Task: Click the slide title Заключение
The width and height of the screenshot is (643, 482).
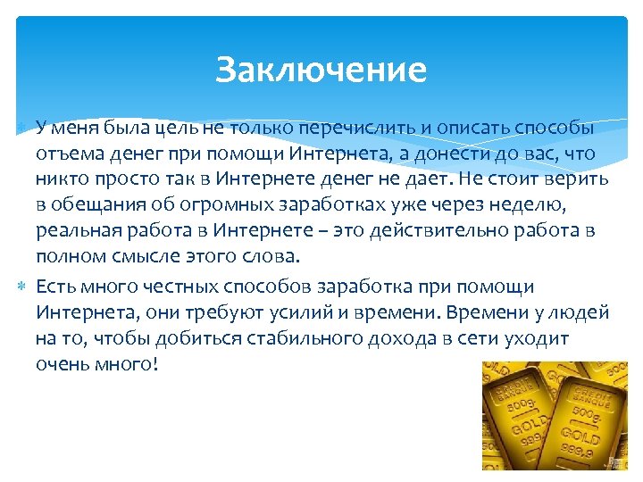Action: pyautogui.click(x=321, y=70)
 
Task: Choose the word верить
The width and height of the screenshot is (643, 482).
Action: pyautogui.click(x=580, y=179)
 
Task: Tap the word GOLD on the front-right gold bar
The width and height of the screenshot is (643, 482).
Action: pyautogui.click(x=580, y=438)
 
